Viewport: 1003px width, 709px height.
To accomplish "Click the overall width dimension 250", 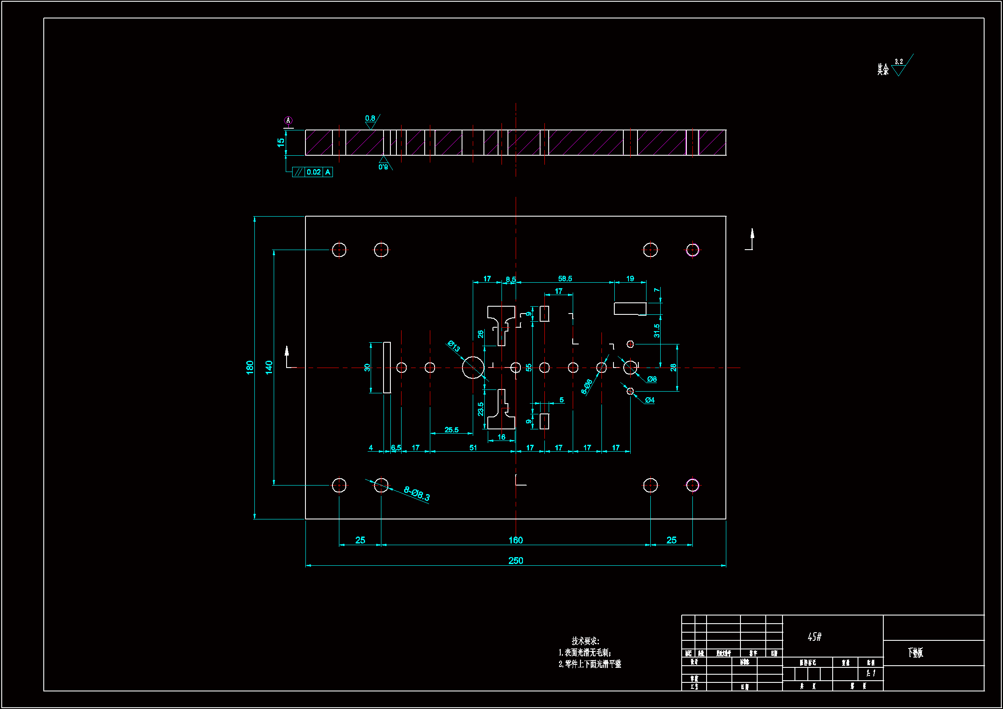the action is tap(516, 561).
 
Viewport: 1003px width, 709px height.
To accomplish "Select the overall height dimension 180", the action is tap(249, 367).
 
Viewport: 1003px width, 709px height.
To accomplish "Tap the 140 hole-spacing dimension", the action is tap(269, 367).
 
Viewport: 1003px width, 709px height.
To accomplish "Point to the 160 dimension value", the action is tap(516, 540).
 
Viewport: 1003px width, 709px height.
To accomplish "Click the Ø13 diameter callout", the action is tap(454, 346).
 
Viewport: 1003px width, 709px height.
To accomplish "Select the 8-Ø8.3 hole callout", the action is tap(417, 494).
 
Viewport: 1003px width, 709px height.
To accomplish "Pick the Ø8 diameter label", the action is tap(652, 379).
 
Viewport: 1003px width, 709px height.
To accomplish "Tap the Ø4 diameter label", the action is tap(650, 400).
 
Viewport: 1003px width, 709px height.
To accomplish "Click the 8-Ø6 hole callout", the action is tap(587, 386).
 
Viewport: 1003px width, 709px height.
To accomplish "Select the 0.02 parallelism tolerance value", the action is tap(314, 172).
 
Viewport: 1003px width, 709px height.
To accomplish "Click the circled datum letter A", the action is tap(288, 120).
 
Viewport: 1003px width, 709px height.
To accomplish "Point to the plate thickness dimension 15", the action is tap(281, 142).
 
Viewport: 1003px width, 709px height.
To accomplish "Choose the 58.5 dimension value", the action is tap(565, 279).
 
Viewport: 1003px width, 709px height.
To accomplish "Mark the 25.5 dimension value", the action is tap(451, 430).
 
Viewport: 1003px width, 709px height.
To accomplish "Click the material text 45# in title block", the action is tap(814, 637).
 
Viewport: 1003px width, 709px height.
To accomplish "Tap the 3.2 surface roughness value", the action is tap(899, 62).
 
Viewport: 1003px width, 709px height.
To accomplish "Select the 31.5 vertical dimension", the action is tap(656, 331).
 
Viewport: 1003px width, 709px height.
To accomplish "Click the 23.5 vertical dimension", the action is tap(480, 409).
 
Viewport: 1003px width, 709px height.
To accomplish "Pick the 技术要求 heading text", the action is tap(586, 641).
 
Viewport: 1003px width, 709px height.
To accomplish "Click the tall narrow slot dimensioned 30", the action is tap(387, 368).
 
